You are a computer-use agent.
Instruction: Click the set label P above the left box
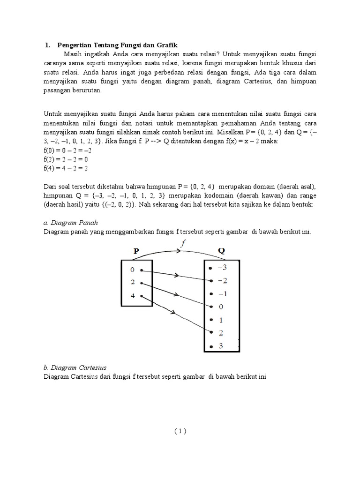coord(136,251)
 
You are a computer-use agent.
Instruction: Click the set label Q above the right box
coord(221,251)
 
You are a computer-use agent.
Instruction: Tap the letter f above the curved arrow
coord(183,243)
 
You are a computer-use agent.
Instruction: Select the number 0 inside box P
coord(133,270)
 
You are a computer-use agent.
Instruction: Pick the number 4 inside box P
coord(133,296)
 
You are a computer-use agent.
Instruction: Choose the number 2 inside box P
coord(133,283)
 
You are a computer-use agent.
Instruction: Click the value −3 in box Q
coord(222,268)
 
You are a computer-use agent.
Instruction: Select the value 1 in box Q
coord(221,320)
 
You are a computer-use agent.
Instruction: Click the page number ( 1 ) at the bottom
coord(180,432)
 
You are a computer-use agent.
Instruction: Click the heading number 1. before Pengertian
coord(47,45)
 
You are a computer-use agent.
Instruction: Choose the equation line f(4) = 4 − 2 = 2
coord(67,167)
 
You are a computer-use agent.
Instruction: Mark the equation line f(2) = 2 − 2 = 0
coord(67,159)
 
